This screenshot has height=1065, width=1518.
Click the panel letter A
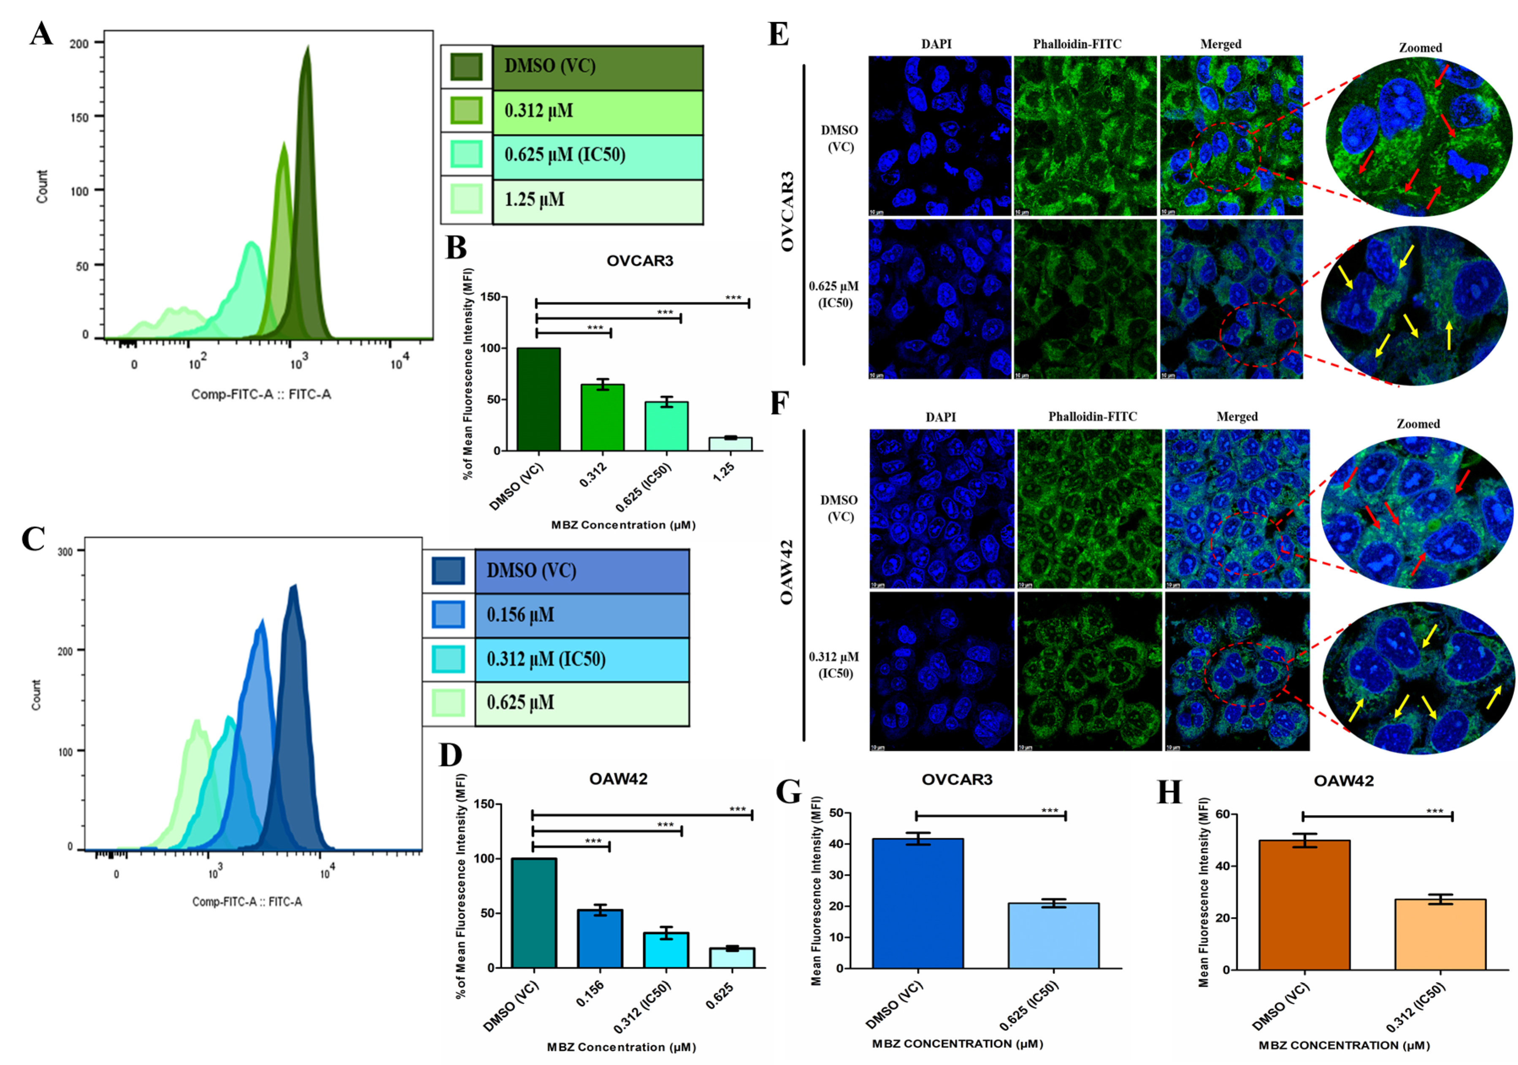[41, 33]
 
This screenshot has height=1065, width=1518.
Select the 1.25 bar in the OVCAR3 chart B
[730, 444]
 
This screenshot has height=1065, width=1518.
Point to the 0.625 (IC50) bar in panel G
[1053, 935]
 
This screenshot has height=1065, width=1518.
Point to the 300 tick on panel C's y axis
[65, 551]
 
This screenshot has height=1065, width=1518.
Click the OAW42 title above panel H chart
[1343, 780]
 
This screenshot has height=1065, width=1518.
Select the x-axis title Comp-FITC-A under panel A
[261, 394]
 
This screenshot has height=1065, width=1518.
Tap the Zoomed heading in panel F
[1418, 424]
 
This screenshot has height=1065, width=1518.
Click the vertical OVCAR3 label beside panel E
[787, 211]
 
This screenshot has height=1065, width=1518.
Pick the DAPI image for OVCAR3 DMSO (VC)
[939, 135]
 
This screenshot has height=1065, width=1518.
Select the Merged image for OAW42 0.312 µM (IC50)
[1237, 672]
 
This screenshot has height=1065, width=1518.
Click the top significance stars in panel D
[737, 809]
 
